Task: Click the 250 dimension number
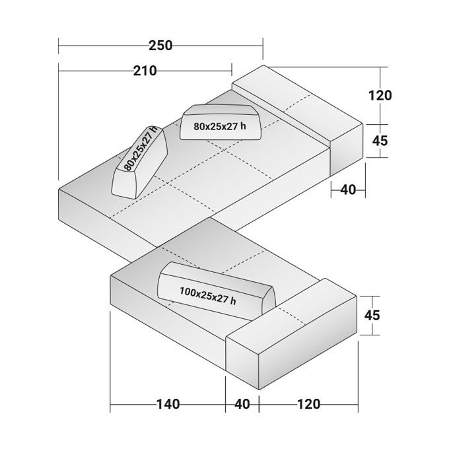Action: coord(160,46)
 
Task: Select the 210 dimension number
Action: coord(145,71)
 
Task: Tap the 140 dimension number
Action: coord(168,404)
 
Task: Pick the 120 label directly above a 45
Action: coord(380,95)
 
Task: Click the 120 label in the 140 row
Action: coord(309,404)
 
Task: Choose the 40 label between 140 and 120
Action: coord(242,404)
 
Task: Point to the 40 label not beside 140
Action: coord(348,190)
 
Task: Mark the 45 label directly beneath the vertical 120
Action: coord(380,141)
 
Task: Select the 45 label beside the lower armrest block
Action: coord(372,315)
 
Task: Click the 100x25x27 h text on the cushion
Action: coord(208,296)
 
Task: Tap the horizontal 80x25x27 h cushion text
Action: coord(220,126)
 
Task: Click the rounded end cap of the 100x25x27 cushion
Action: coord(269,302)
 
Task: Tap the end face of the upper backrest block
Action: coord(347,149)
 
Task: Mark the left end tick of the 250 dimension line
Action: coord(58,46)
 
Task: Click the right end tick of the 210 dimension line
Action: coord(232,71)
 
